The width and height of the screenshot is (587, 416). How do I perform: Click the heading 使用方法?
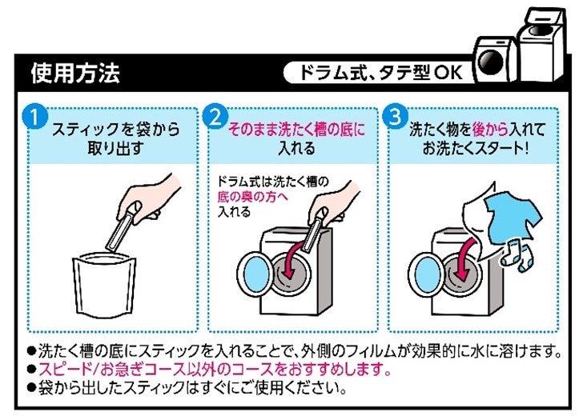[x=75, y=74]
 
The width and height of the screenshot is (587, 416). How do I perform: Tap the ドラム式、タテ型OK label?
[x=376, y=74]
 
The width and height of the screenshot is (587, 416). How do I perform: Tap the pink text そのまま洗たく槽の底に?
[x=296, y=128]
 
